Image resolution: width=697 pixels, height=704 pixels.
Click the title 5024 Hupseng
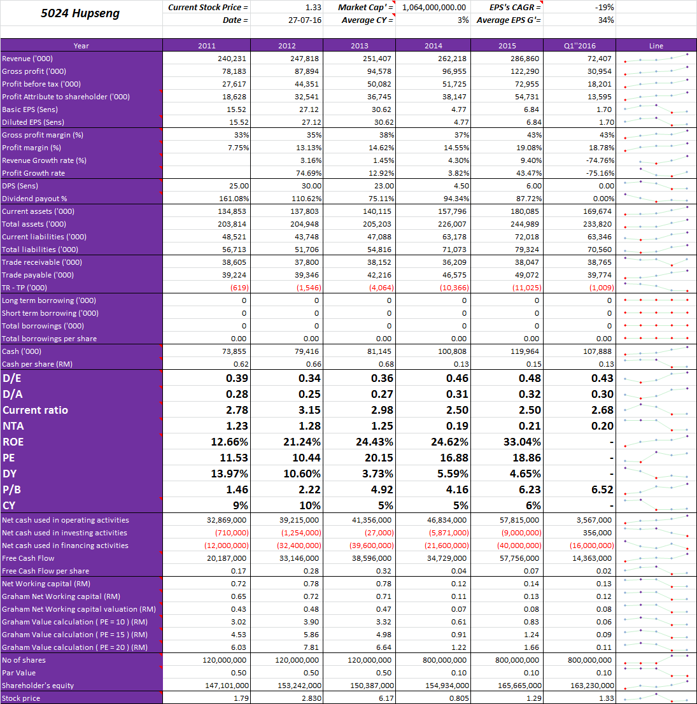click(x=81, y=13)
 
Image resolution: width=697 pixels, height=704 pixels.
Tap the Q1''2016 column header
click(x=581, y=45)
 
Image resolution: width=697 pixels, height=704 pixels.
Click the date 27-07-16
click(x=305, y=20)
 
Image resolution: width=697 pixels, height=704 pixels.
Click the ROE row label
click(x=13, y=442)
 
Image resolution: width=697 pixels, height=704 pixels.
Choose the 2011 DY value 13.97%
click(x=230, y=474)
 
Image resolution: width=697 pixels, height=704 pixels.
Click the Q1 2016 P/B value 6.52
click(x=602, y=489)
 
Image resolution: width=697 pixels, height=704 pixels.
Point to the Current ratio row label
click(x=35, y=410)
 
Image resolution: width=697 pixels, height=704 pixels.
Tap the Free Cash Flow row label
click(x=29, y=558)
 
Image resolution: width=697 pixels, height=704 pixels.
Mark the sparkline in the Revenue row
click(x=656, y=58)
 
